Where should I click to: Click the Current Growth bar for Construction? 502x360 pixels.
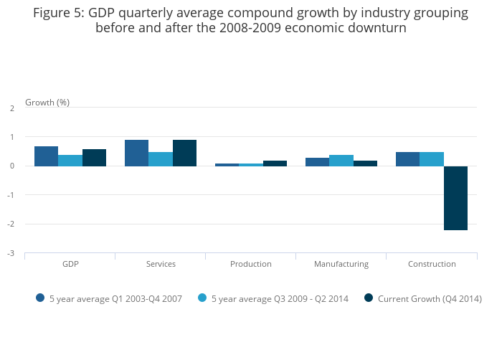pos(455,198)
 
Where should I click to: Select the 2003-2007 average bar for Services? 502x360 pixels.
pos(136,153)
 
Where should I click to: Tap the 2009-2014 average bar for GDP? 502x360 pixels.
pos(70,161)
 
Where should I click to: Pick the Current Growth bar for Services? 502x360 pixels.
pos(184,153)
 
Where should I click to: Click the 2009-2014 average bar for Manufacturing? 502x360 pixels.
pos(341,161)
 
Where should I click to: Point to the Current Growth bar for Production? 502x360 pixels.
pos(275,164)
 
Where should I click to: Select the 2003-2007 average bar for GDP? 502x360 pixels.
pos(46,156)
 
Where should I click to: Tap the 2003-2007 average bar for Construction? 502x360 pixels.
pos(407,159)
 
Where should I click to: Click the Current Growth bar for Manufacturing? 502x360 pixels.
pos(365,164)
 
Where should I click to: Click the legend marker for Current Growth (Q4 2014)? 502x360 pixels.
pos(369,298)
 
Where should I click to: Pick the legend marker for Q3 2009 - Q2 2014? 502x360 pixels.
pos(202,298)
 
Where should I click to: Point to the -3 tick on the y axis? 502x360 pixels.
pos(11,253)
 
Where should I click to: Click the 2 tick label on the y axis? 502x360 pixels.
pos(12,108)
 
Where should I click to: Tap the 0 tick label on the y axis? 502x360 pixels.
pos(12,166)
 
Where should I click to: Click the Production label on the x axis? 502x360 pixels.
pos(250,264)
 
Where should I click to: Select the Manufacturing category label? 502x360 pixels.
pos(341,264)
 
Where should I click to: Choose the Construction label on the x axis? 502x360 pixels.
pos(432,264)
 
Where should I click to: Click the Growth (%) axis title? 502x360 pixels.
pos(47,102)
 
